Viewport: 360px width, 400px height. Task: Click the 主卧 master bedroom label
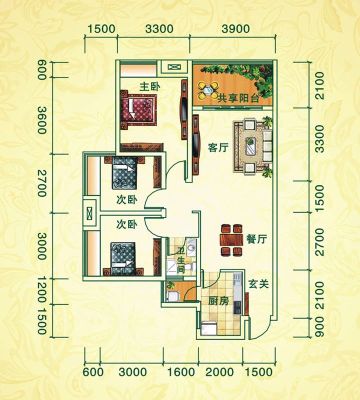150,87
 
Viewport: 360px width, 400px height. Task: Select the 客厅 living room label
218,148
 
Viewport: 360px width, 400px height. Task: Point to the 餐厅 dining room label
256,239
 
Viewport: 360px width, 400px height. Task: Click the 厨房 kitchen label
219,301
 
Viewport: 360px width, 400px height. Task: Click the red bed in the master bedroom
139,109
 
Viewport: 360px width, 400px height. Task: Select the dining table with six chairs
231,240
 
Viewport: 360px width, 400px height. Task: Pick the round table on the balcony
208,89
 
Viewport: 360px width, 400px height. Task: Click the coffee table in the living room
252,146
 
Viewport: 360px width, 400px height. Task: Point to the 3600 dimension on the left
42,120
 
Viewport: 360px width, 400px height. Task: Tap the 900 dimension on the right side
319,327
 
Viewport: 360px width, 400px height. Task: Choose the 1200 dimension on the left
42,289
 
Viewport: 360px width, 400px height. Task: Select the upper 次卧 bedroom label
127,200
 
